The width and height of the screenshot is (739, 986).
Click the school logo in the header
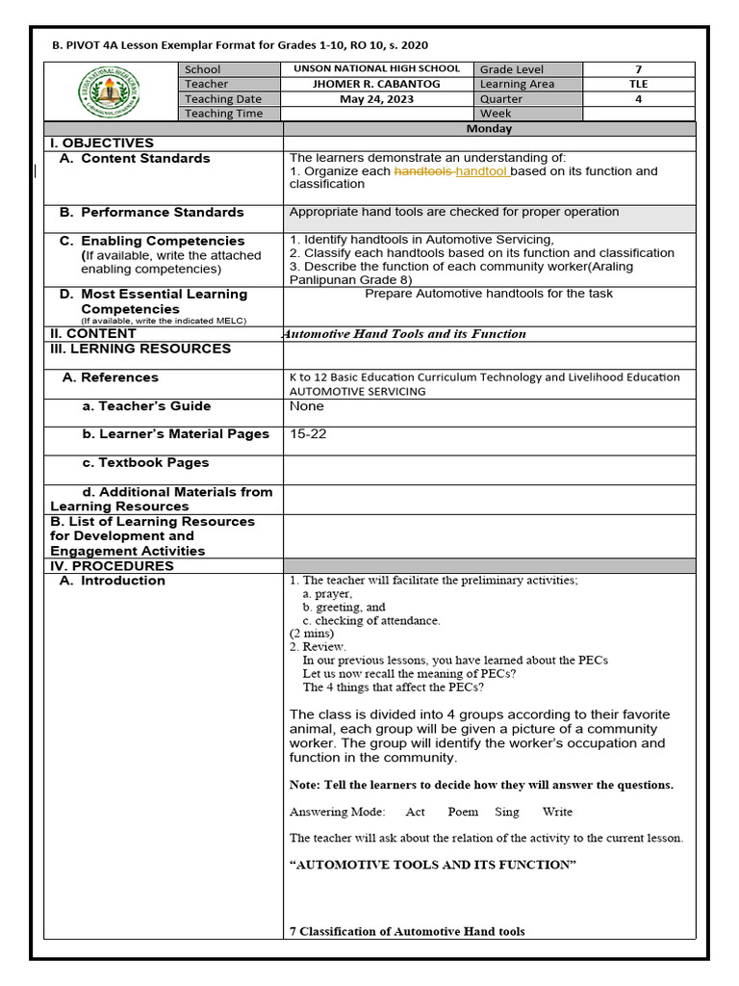(113, 91)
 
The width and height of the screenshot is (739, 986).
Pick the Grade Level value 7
(638, 69)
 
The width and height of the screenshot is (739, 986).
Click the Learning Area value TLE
(638, 84)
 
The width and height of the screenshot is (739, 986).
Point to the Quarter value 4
(638, 98)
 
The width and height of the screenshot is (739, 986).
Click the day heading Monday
(489, 128)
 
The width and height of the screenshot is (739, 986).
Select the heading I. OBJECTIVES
(102, 143)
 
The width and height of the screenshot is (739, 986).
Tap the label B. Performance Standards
(152, 212)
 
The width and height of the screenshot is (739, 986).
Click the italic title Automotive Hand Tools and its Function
(403, 334)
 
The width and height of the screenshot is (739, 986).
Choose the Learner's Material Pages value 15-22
(308, 434)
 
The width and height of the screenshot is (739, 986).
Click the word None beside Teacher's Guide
(307, 406)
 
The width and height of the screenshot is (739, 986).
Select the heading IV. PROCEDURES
(112, 566)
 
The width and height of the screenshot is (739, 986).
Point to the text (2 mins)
(312, 634)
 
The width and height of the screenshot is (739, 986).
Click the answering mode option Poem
(463, 812)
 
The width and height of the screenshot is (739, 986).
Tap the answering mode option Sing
(507, 812)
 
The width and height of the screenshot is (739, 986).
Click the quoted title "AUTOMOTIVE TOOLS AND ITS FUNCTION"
(433, 865)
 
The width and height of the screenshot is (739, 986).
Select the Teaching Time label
(223, 114)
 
